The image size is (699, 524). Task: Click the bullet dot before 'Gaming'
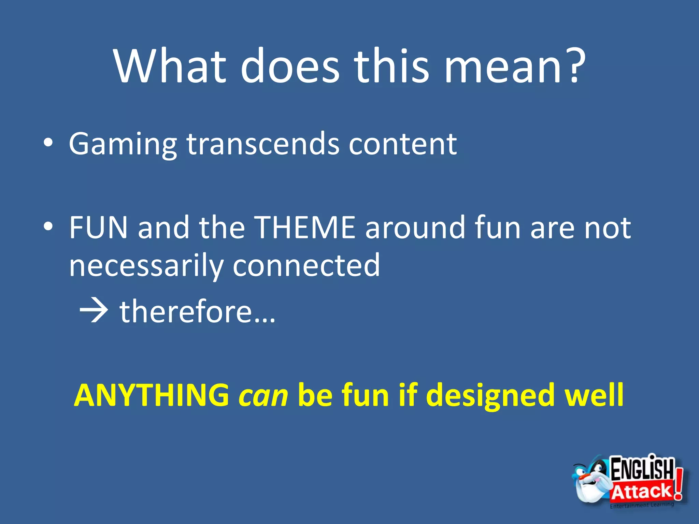click(48, 143)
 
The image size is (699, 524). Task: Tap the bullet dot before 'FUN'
click(48, 227)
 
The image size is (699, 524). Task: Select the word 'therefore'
click(186, 311)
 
